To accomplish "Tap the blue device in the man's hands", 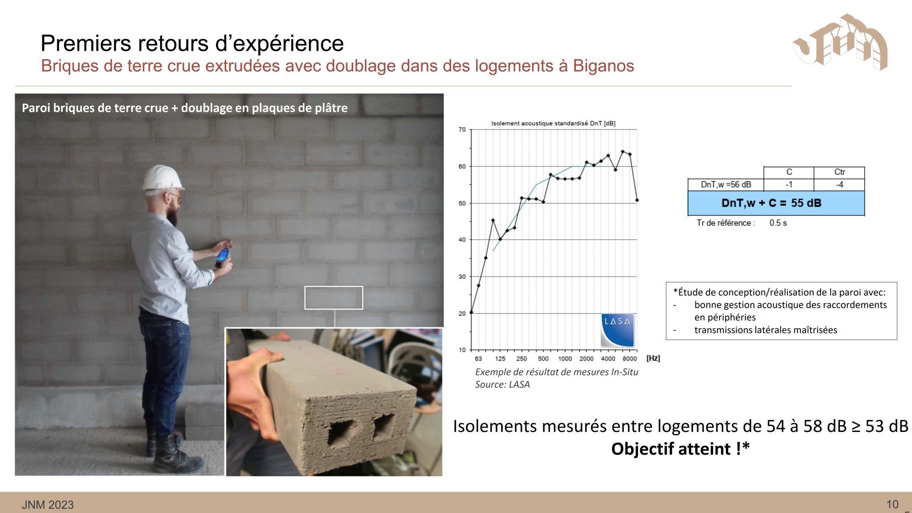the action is (x=223, y=256).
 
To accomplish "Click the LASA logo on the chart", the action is (x=617, y=330).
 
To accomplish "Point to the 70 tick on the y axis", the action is (x=462, y=130).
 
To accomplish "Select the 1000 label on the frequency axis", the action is (x=565, y=358).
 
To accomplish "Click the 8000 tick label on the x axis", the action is (x=630, y=358).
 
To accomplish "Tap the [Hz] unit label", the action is (x=653, y=358).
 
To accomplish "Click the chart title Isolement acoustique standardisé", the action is (x=553, y=123).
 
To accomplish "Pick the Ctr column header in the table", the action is (x=839, y=172).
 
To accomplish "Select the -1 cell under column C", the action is (x=789, y=184).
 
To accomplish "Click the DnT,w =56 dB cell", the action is (x=726, y=184).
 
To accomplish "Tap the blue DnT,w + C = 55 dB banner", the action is (x=776, y=203).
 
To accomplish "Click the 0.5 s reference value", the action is (x=778, y=223).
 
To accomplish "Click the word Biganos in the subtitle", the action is (x=603, y=66).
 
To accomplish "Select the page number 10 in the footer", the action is (x=892, y=505).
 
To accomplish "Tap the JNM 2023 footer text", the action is (x=48, y=505).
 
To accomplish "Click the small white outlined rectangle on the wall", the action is (x=334, y=287).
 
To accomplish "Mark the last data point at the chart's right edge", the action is (x=637, y=200).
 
